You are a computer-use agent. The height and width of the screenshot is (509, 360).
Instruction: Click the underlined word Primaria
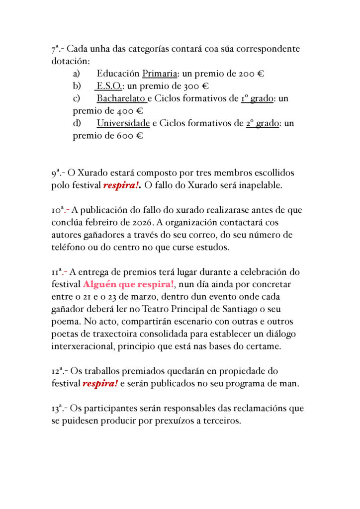[x=160, y=74]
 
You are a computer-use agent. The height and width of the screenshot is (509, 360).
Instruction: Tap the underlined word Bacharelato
[x=121, y=98]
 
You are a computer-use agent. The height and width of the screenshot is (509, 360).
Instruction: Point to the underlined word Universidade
[x=123, y=123]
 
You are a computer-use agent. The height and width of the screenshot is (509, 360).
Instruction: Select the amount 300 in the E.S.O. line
[x=192, y=86]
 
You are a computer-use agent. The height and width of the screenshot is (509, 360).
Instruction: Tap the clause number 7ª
[x=56, y=49]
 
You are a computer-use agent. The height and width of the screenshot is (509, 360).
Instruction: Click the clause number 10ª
[x=58, y=210]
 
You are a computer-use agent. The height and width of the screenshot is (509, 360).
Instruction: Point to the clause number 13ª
[x=58, y=409]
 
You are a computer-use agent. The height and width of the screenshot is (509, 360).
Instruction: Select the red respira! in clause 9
[x=122, y=186]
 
